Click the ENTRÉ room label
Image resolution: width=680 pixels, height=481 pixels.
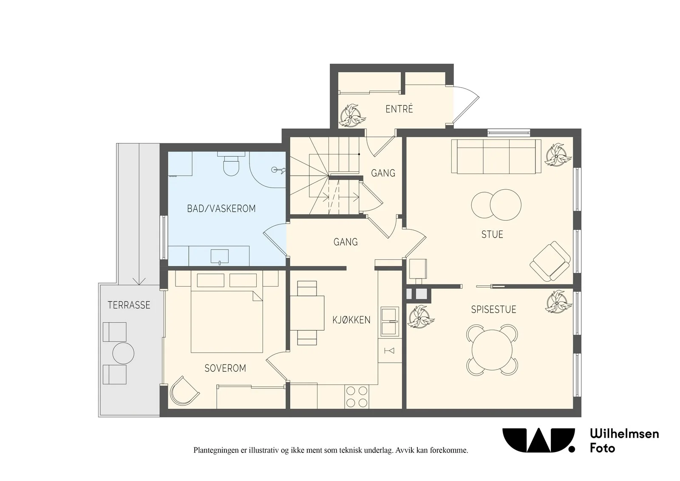399,109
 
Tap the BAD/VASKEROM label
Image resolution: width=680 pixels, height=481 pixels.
221,208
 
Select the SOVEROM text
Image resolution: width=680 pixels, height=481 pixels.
225,368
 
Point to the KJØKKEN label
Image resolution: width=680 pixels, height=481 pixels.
351,320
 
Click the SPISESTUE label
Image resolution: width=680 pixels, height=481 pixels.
493,309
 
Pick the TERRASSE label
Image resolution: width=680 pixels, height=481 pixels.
129,305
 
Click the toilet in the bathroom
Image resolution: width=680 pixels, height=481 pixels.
231,164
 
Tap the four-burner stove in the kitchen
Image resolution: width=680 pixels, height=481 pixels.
357,397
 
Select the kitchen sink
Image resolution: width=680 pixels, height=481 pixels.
390,321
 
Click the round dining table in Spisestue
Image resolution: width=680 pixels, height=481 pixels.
492,350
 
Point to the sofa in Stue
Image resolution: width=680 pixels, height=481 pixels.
496,157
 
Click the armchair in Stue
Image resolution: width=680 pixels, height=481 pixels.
550,261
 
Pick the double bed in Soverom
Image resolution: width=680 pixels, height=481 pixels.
227,322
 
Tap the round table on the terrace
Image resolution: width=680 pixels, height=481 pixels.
123,353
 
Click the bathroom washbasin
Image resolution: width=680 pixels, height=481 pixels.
219,256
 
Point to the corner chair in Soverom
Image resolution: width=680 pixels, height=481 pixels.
184,391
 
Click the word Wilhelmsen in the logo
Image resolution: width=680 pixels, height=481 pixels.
624,434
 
